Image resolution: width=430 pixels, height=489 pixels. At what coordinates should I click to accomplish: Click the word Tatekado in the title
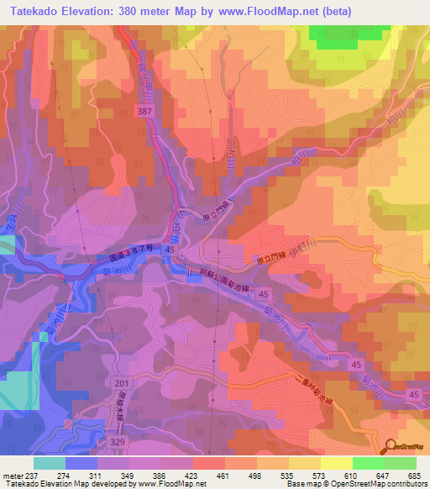coord(34,11)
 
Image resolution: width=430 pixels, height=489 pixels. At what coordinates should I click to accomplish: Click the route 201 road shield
coord(123,383)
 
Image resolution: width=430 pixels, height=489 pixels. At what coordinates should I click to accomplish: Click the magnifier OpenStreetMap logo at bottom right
coord(390,446)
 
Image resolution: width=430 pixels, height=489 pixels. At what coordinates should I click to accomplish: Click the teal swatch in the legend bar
coord(50,462)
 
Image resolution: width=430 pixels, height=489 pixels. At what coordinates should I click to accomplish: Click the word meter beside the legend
coord(13,475)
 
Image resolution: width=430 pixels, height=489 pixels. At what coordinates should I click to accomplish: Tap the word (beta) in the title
coord(333,11)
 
